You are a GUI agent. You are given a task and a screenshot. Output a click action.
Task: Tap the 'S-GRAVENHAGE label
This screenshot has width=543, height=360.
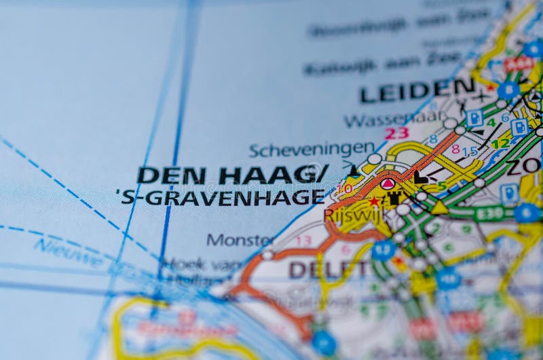click(221, 197)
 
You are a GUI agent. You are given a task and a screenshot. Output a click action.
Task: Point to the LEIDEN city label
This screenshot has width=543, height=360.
click(417, 90)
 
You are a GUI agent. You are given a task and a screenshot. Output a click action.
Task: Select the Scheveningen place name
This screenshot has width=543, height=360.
click(312, 149)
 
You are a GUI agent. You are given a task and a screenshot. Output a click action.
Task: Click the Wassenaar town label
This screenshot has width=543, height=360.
click(395, 120)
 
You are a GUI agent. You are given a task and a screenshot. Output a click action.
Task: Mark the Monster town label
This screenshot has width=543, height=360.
click(240, 240)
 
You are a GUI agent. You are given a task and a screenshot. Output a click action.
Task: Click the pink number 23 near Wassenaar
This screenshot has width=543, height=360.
click(397, 133)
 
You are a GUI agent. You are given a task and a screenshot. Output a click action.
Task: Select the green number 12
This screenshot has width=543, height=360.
click(500, 143)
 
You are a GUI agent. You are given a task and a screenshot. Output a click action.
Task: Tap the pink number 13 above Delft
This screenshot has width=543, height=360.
click(303, 240)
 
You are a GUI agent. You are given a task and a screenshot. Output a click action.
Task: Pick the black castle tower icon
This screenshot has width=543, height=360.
click(394, 198)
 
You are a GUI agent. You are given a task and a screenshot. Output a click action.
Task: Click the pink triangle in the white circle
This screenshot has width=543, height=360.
click(388, 183)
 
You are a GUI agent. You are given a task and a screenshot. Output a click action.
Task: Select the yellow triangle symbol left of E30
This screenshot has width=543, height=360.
click(439, 208)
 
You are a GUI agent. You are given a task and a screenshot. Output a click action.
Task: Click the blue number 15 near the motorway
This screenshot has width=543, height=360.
click(470, 151)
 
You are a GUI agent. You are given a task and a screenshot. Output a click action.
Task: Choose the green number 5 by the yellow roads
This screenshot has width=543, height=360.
click(442, 185)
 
